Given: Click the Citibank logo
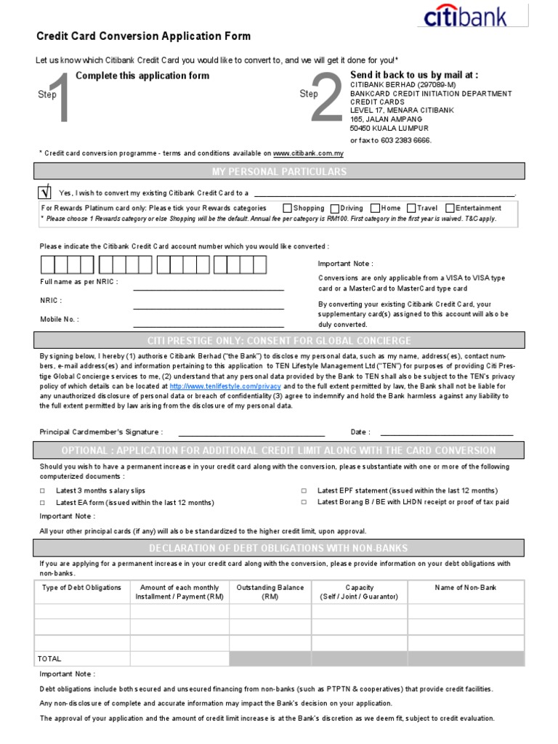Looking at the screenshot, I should pyautogui.click(x=474, y=16).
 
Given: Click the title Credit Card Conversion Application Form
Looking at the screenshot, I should pyautogui.click(x=143, y=36).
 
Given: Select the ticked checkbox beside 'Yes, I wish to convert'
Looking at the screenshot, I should pyautogui.click(x=44, y=193).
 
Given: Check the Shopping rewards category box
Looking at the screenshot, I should pyautogui.click(x=287, y=209).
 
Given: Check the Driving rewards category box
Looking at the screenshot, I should pyautogui.click(x=334, y=209).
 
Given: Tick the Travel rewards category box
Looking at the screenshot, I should pyautogui.click(x=411, y=209).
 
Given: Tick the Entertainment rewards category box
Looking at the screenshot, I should pyautogui.click(x=450, y=209).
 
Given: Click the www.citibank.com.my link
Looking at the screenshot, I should pyautogui.click(x=308, y=154).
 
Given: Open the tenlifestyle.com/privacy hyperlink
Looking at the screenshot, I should pyautogui.click(x=225, y=387).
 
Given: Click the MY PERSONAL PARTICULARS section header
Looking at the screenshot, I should pyautogui.click(x=279, y=171).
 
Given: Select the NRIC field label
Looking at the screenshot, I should pyautogui.click(x=51, y=300).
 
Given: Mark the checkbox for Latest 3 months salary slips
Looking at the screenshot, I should pyautogui.click(x=42, y=491).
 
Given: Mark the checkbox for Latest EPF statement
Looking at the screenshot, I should pyautogui.click(x=304, y=491).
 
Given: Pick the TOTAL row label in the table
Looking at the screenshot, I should pyautogui.click(x=49, y=659).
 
